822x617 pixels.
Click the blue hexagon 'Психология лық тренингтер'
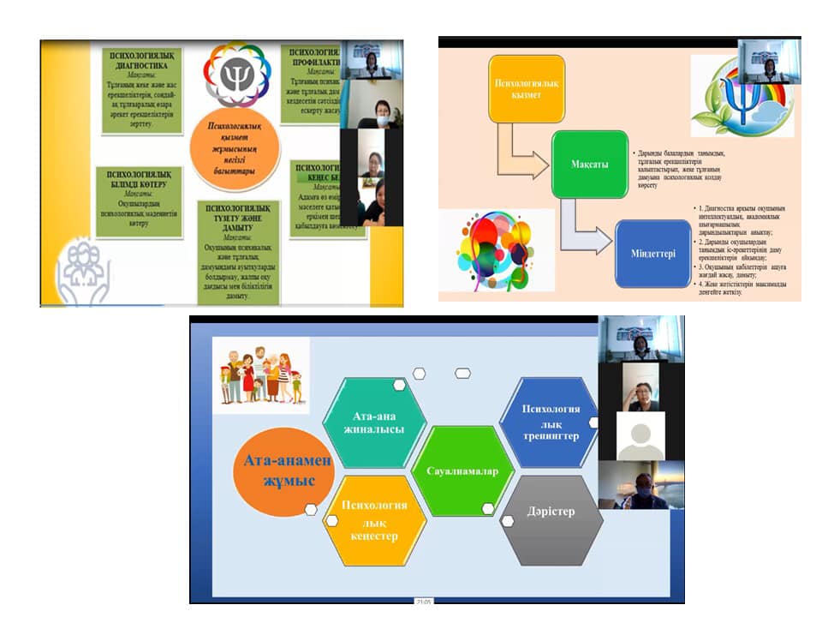(550, 422)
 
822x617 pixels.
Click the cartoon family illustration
(260, 374)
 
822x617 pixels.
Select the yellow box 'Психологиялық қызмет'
(527, 87)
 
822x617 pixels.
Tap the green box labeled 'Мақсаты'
(590, 164)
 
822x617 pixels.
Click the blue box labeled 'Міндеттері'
(652, 254)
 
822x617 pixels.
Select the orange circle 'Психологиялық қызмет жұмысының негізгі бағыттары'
(234, 147)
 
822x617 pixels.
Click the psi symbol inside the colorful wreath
(233, 76)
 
